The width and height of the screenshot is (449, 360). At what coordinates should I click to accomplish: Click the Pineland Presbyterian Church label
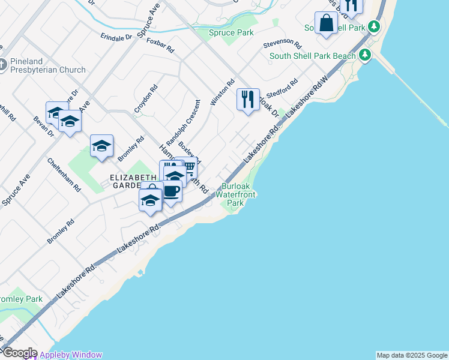point(47,70)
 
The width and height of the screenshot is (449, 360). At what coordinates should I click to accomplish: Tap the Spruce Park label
point(231,32)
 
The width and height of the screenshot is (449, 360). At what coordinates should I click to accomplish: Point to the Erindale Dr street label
point(116,37)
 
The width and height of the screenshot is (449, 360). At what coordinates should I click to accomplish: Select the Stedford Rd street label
point(283,89)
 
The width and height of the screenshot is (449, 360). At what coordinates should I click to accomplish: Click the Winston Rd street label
point(221,93)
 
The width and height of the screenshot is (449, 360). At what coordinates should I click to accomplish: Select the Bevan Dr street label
point(43,127)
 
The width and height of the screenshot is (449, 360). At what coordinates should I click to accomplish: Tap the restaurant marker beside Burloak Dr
point(248,98)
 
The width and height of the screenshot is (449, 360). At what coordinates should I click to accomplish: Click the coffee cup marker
point(172,191)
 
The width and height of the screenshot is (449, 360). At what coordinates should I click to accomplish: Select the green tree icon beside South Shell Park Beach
point(365,56)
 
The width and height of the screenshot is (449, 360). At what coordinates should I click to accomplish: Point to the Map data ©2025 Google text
point(412,355)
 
